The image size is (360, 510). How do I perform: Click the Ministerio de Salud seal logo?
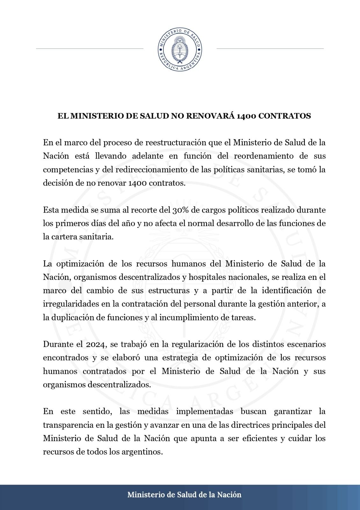[180, 49]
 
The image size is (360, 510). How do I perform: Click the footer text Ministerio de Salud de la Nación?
[184, 495]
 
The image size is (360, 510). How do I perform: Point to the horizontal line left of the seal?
[90, 49]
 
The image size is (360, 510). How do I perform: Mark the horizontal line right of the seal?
[270, 49]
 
